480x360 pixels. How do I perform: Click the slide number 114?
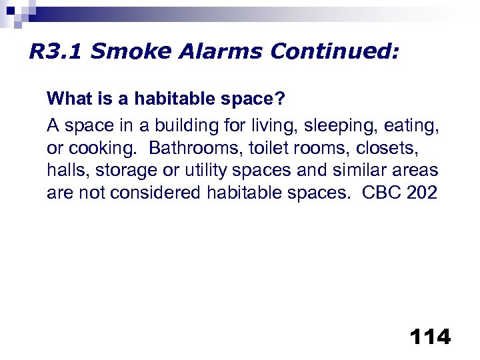click(x=431, y=337)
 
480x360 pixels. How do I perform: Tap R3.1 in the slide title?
click(x=54, y=52)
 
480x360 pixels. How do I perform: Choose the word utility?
click(x=191, y=170)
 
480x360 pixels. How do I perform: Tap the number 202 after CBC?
click(x=423, y=193)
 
